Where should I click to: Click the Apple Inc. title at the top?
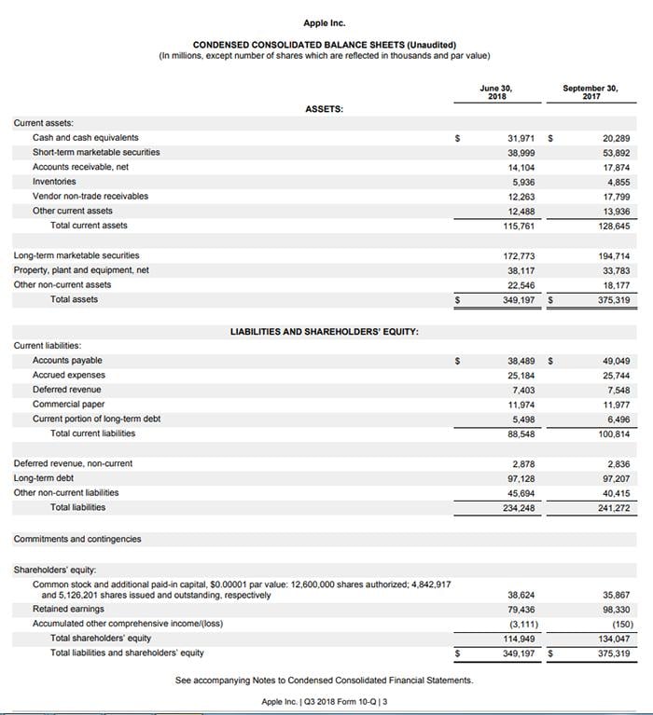324,22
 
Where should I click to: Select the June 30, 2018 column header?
496,92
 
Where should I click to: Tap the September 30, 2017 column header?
590,92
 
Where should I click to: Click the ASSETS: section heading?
324,109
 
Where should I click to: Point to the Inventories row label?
54,182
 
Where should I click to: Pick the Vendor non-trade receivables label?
90,196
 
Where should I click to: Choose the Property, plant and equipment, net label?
81,270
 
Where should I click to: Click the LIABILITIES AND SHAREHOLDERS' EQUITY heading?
324,331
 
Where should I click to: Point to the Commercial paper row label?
68,405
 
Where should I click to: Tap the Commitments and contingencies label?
77,539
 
